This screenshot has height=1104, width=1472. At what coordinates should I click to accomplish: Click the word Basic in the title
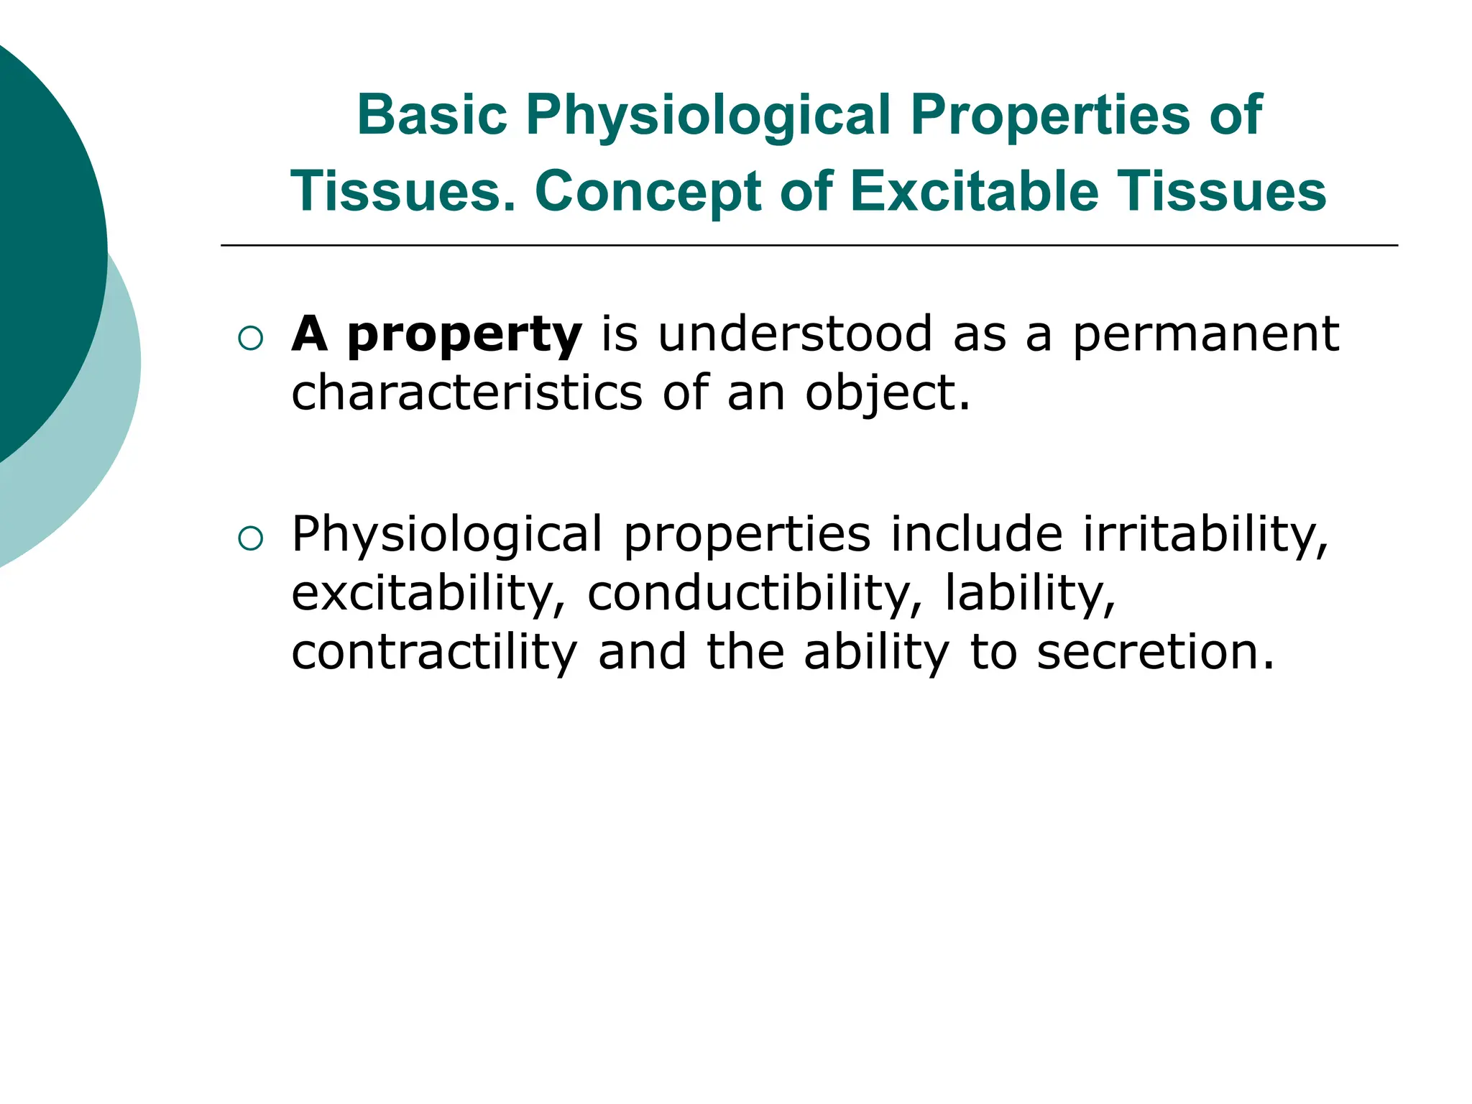click(x=432, y=115)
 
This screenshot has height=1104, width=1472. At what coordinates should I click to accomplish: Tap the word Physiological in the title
click(x=708, y=115)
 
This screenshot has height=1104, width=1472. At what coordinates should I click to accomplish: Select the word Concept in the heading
click(x=648, y=192)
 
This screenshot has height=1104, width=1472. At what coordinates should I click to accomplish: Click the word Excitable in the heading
click(x=975, y=192)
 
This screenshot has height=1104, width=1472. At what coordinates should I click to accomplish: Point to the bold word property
click(x=464, y=335)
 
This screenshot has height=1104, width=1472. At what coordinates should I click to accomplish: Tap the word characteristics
click(x=466, y=393)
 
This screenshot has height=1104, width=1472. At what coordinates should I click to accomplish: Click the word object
click(x=886, y=394)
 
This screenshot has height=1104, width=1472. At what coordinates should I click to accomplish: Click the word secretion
click(x=1154, y=652)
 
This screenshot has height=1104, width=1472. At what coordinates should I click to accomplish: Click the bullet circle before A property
click(x=250, y=338)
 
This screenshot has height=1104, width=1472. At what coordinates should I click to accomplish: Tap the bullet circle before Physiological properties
click(x=250, y=538)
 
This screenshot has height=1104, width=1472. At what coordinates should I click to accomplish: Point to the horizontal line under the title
click(x=809, y=246)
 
